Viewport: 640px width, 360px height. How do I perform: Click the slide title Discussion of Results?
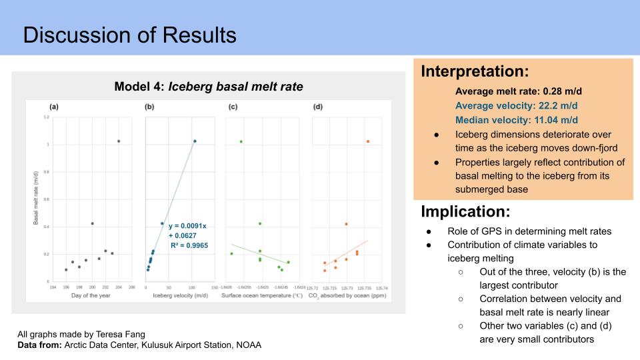click(x=129, y=35)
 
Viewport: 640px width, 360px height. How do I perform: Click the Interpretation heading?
click(x=475, y=71)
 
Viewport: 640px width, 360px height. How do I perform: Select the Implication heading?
click(x=466, y=212)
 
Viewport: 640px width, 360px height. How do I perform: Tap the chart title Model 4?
click(x=209, y=87)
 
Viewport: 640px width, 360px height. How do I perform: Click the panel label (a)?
click(x=55, y=107)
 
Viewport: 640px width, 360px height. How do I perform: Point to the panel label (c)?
click(x=233, y=107)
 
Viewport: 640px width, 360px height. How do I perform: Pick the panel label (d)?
click(x=317, y=107)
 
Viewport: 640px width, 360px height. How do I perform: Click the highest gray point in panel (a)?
click(x=119, y=141)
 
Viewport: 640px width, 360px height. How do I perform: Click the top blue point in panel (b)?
click(x=195, y=141)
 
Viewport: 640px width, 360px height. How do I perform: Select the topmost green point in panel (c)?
click(x=241, y=141)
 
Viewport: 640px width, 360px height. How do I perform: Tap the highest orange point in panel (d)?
click(x=367, y=141)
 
